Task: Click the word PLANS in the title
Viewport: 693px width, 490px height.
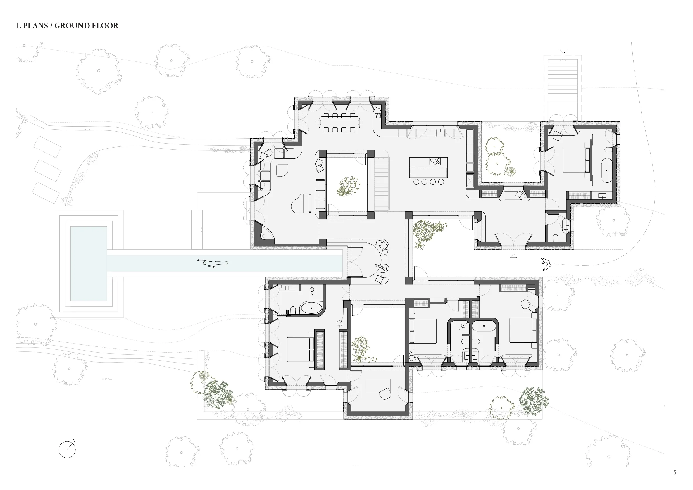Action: (35, 26)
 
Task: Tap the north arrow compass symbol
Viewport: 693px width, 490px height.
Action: (67, 449)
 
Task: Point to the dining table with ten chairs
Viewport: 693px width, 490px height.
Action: (339, 123)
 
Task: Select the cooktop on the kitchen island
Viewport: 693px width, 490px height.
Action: (435, 161)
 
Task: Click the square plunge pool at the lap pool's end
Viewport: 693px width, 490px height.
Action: (89, 263)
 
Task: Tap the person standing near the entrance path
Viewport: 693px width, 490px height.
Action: (546, 264)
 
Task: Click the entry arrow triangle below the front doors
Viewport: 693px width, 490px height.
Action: (513, 256)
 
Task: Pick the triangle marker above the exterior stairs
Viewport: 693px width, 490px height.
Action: (563, 52)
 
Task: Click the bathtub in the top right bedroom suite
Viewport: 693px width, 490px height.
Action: (607, 170)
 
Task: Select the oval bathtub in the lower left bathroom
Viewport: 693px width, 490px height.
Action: (311, 308)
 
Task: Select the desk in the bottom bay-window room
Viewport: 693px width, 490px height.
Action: (378, 386)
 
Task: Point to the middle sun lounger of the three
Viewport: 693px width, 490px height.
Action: (47, 170)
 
